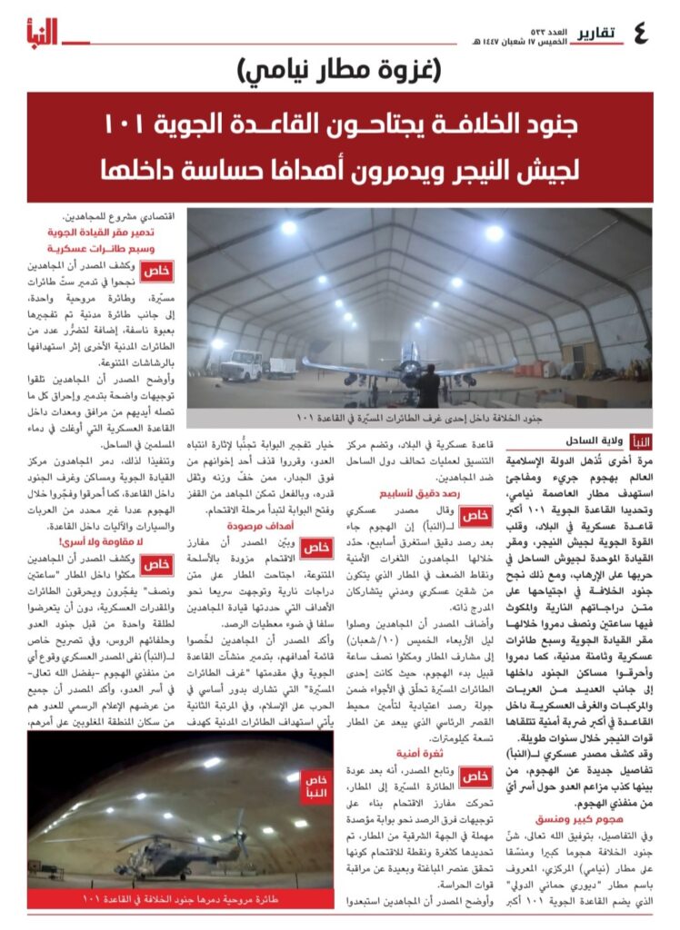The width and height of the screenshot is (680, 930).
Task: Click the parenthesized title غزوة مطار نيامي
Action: tap(340, 67)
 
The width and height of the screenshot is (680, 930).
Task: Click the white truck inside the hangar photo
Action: tap(242, 365)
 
